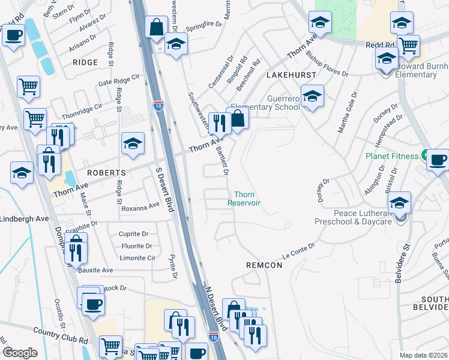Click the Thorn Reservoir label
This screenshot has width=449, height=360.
[244, 199]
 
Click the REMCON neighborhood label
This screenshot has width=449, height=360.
[264, 264]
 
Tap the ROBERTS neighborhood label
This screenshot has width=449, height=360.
[106, 172]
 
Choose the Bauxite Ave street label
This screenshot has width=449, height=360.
[95, 271]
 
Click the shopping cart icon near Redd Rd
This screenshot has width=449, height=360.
[408, 44]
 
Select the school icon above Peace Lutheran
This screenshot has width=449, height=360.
[399, 202]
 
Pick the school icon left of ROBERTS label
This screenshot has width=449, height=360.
[22, 173]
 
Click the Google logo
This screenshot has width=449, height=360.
[20, 353]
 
